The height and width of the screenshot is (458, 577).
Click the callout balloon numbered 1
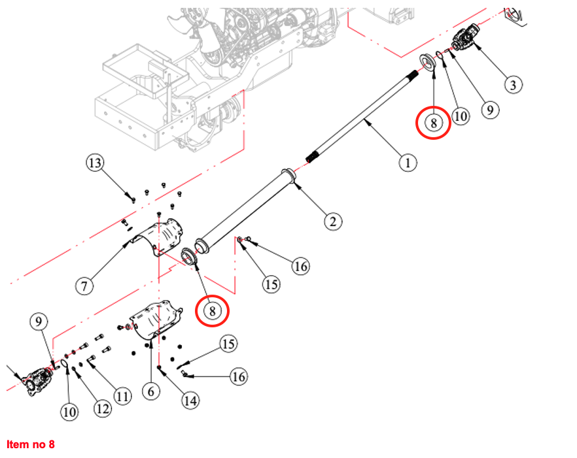(407, 161)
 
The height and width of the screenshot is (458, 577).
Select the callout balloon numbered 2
(332, 221)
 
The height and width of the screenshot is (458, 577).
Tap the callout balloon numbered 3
(512, 84)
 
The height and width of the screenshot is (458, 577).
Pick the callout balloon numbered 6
(150, 391)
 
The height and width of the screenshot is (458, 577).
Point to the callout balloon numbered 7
(85, 285)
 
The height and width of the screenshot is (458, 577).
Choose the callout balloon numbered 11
(122, 395)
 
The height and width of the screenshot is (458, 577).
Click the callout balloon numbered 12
(101, 408)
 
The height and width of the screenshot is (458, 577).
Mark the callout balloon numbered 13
(96, 163)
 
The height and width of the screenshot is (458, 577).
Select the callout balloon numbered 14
(190, 400)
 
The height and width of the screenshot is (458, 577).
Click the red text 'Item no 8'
(31, 445)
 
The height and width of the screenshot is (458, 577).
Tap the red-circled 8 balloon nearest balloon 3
(433, 122)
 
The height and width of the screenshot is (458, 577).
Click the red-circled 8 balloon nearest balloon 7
(213, 310)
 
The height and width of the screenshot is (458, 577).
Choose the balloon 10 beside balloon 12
(69, 411)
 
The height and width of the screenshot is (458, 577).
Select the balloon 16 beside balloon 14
(239, 376)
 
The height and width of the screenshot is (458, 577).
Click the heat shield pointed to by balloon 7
(160, 237)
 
